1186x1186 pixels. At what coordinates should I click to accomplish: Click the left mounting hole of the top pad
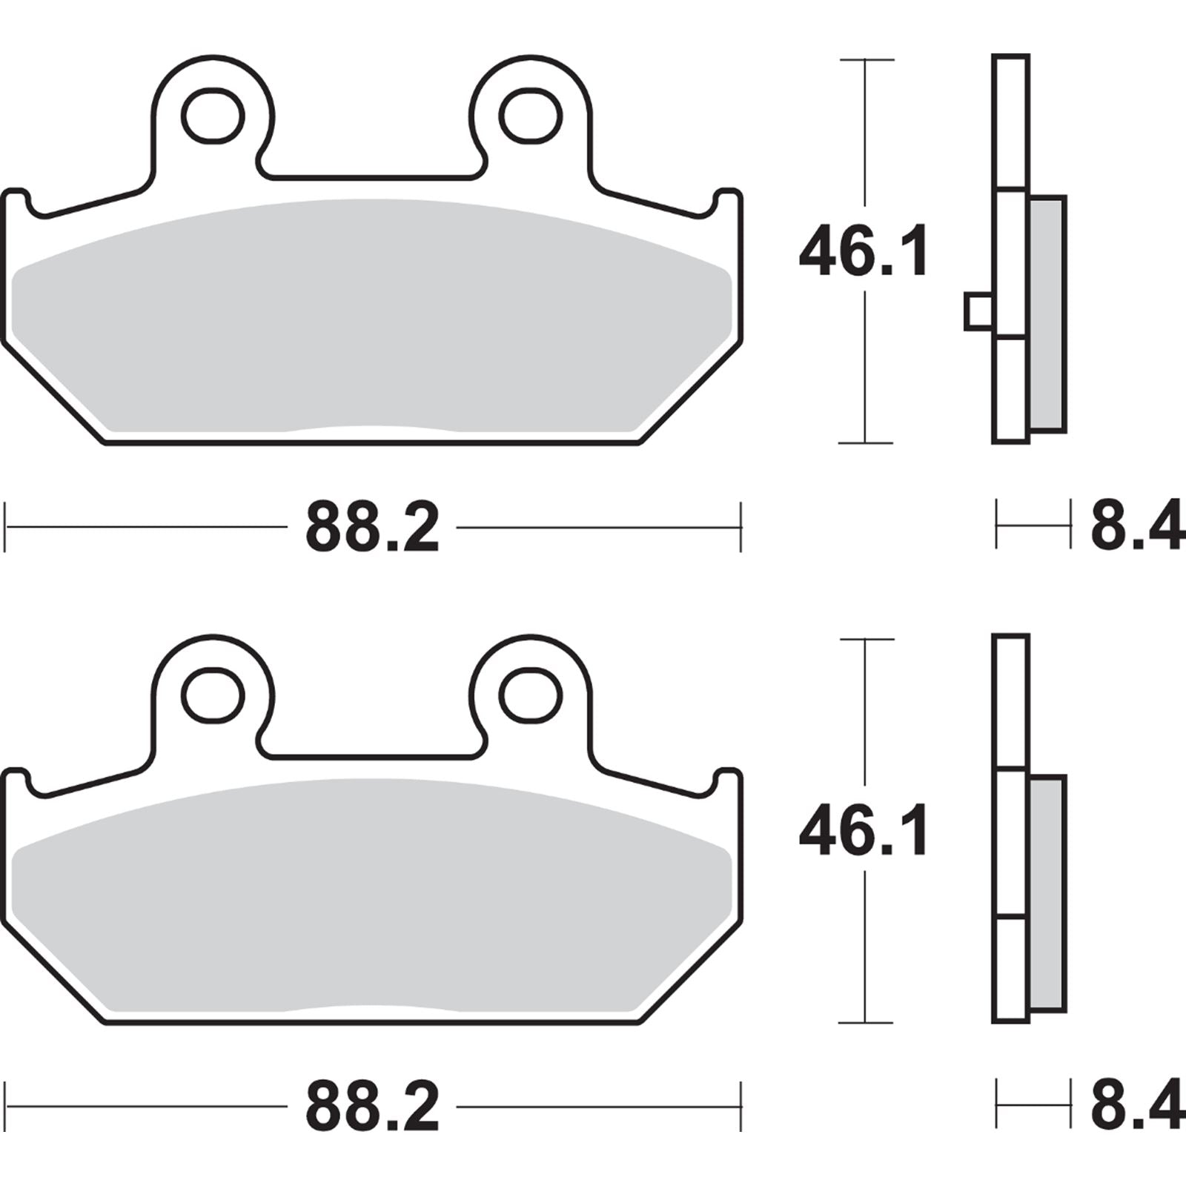(x=213, y=116)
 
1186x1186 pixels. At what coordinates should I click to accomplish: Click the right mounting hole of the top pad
(x=529, y=116)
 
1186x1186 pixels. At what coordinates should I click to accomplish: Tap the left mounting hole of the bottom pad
(x=213, y=696)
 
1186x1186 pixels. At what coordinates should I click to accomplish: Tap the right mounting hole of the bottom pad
(x=529, y=696)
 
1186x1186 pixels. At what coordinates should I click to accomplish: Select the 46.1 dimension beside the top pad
(x=864, y=254)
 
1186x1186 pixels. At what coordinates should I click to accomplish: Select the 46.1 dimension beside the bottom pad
(x=864, y=833)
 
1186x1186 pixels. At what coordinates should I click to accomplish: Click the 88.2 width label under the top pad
(x=372, y=529)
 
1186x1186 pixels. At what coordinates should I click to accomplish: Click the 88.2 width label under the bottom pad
(x=372, y=1108)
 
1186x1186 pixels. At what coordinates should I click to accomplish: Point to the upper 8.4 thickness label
(x=1136, y=529)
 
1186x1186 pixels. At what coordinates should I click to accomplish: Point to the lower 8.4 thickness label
(x=1136, y=1108)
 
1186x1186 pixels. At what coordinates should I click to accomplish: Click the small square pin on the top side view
(x=978, y=312)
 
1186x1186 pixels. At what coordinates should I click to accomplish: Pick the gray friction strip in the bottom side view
(x=1048, y=893)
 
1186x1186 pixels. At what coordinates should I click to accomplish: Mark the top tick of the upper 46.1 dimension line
(x=866, y=59)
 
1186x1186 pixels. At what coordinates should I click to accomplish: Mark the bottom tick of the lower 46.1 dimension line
(x=866, y=1023)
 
